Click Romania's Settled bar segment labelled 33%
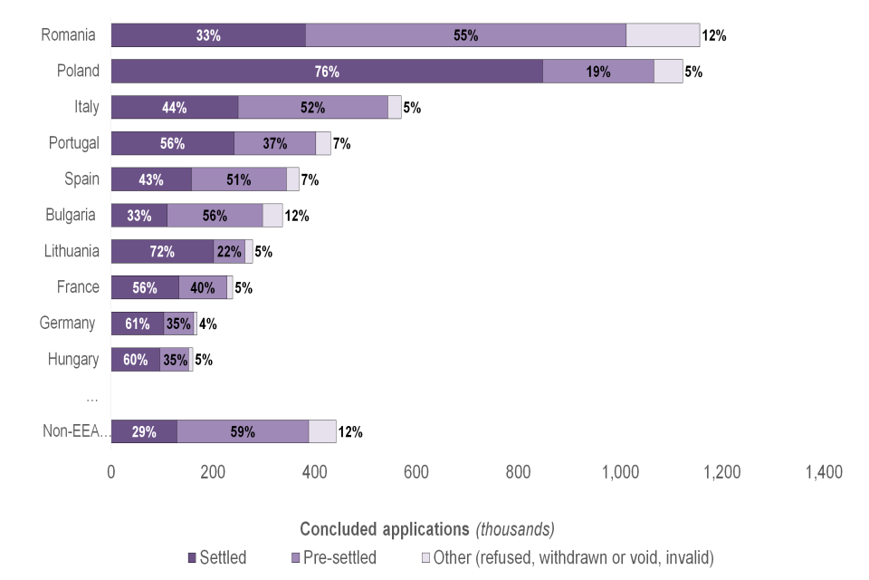tap(208, 35)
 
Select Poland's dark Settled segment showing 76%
tap(327, 72)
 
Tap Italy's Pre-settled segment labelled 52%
tap(312, 107)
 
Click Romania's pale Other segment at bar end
tap(663, 35)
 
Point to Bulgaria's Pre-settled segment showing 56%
tap(215, 216)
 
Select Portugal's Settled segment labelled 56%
tap(172, 143)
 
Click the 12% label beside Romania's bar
tap(714, 36)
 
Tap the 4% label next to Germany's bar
tap(207, 324)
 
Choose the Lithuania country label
tap(72, 251)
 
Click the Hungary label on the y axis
tap(73, 360)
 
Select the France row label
tap(78, 287)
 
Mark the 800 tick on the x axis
tap(519, 472)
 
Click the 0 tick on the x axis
tap(111, 472)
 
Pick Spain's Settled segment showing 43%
tap(151, 179)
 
